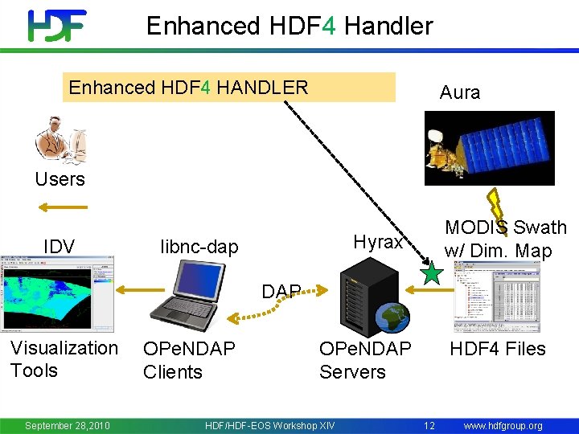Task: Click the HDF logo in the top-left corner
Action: [x=57, y=26]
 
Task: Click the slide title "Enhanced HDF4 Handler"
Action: [x=289, y=26]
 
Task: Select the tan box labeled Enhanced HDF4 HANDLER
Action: [x=229, y=88]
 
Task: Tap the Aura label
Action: [x=460, y=92]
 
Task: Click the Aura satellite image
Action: [x=489, y=148]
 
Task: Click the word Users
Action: [x=60, y=178]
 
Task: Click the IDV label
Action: [x=59, y=246]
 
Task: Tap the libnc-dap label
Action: [x=199, y=247]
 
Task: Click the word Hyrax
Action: [x=378, y=242]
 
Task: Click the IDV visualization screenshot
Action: [x=57, y=293]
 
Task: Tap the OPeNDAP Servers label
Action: [x=364, y=360]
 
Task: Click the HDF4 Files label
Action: [x=497, y=349]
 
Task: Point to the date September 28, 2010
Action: [x=68, y=425]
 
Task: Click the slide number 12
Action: [x=429, y=425]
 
